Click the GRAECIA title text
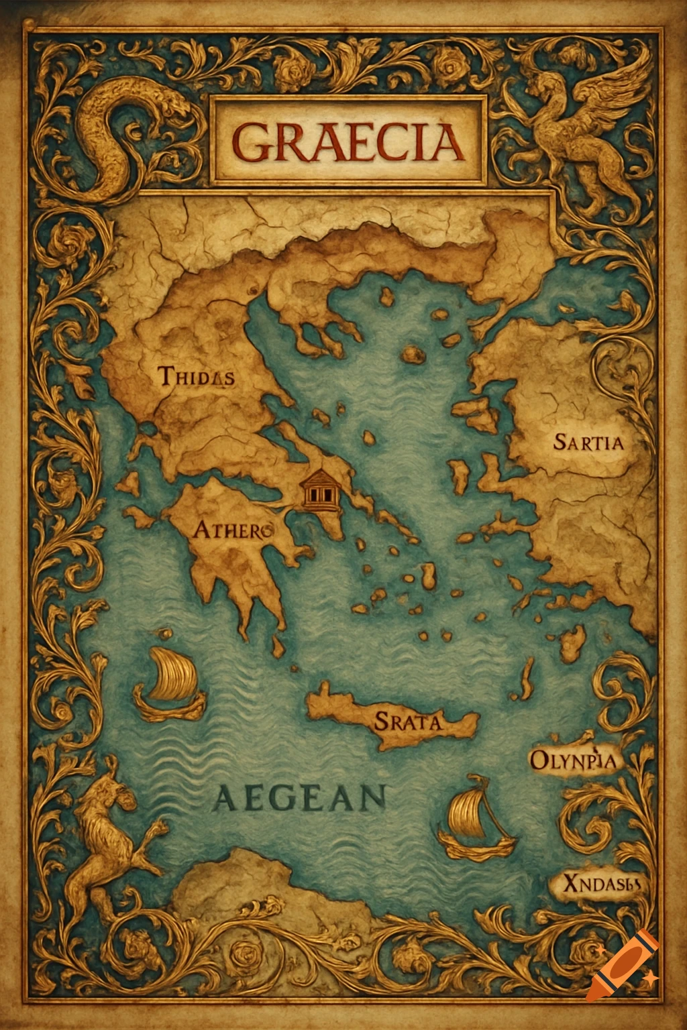[x=348, y=143]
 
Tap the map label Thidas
[x=197, y=376]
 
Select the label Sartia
[x=588, y=442]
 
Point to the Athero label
[x=232, y=531]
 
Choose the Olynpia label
[x=573, y=760]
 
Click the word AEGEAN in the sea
[x=301, y=799]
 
